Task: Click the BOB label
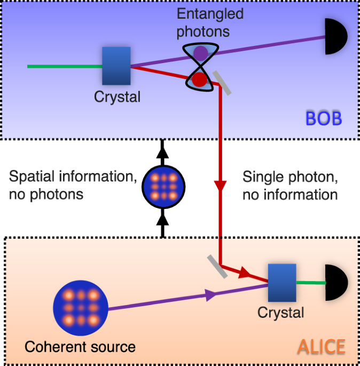point(323,118)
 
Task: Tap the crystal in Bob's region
point(116,66)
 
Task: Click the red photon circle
point(199,80)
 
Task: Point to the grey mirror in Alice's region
point(217,266)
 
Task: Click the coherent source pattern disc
point(81,308)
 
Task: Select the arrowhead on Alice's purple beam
point(210,293)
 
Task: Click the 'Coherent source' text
point(80,347)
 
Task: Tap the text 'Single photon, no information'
point(290,185)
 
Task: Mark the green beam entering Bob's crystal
point(64,67)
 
